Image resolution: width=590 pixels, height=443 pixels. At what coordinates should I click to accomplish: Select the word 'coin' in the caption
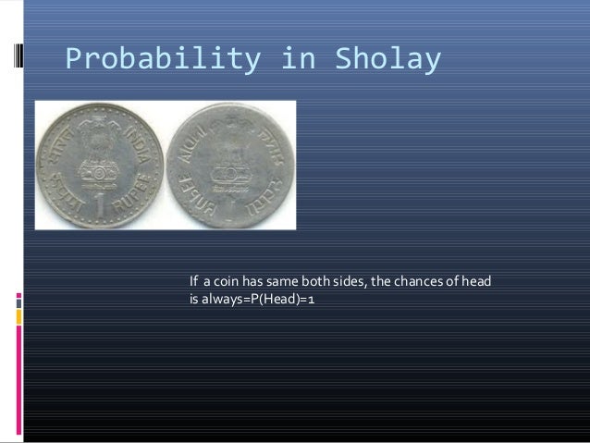tap(231, 282)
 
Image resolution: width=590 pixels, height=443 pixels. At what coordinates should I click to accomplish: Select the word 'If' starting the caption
tap(194, 282)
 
